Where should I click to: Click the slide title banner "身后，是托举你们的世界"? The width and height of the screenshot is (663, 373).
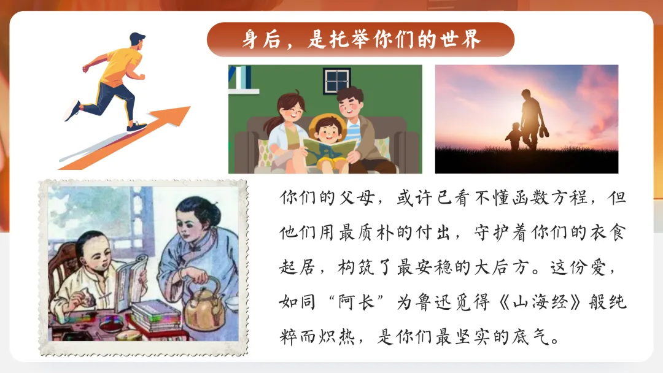(360, 40)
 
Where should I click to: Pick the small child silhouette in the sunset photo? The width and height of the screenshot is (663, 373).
(514, 136)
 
